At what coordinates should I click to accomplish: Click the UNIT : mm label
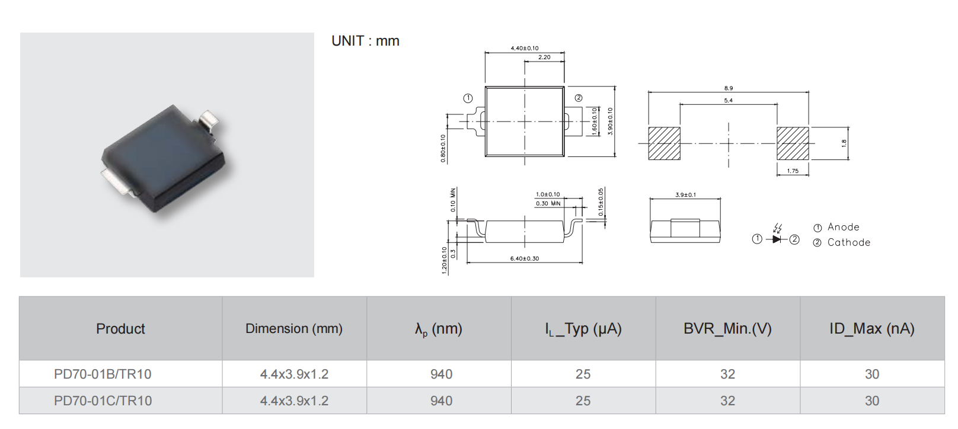point(365,41)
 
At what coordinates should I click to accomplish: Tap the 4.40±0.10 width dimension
point(524,48)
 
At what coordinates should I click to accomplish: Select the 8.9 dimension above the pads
point(729,88)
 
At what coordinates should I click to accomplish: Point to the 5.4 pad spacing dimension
point(729,100)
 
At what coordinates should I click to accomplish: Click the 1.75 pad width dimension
point(793,171)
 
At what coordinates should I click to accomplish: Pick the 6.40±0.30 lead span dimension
point(524,258)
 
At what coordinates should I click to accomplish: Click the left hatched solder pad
point(664,143)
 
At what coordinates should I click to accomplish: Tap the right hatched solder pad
point(793,143)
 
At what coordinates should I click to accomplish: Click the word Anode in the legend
point(844,227)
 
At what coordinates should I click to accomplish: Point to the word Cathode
point(849,242)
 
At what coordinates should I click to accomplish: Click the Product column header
point(120,329)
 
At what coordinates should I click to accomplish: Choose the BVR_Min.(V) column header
point(727,329)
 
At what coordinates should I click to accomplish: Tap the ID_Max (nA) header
point(872,329)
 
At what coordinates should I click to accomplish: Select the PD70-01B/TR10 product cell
point(103,374)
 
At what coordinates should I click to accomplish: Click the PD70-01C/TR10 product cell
point(103,401)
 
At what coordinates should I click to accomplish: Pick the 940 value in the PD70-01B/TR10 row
point(442,374)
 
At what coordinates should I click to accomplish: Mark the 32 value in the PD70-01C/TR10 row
point(727,401)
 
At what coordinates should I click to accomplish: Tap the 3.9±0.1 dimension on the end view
point(685,195)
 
